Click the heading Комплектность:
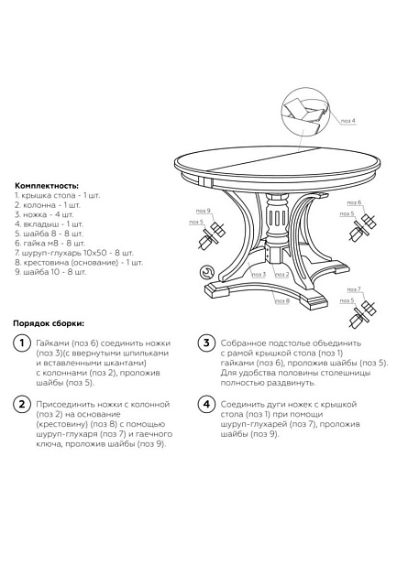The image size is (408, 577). pyautogui.click(x=46, y=185)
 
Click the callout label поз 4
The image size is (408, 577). pyautogui.click(x=347, y=120)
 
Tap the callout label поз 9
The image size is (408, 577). pyautogui.click(x=203, y=212)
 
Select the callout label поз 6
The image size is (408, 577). pyautogui.click(x=353, y=202)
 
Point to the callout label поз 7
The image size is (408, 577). pyautogui.click(x=353, y=289)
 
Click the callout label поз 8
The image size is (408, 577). pyautogui.click(x=281, y=299)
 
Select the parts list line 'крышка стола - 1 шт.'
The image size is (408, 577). pyautogui.click(x=57, y=195)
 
